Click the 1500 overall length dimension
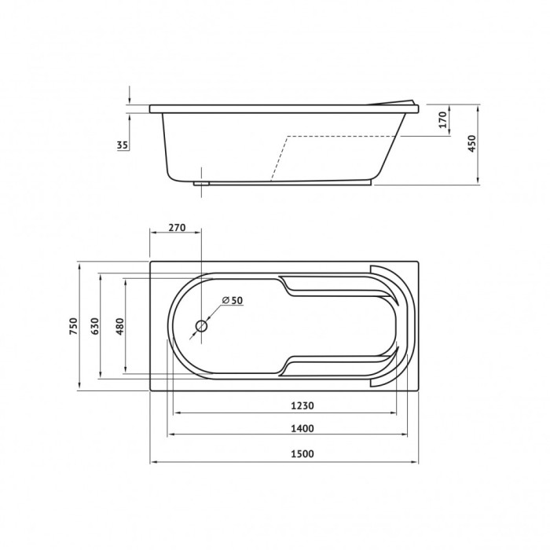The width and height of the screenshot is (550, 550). click(x=302, y=454)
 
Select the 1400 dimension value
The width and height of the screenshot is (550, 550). click(x=302, y=428)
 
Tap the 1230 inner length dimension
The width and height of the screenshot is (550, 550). click(x=302, y=405)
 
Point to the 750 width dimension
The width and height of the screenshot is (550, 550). click(x=73, y=326)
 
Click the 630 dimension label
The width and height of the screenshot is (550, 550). click(x=95, y=326)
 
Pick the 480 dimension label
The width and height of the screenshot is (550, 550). click(x=120, y=326)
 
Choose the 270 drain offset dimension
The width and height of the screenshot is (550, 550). click(x=177, y=228)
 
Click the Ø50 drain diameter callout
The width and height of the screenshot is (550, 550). click(x=233, y=300)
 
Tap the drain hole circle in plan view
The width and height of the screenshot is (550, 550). click(x=201, y=326)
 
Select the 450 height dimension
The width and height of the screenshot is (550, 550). click(x=472, y=143)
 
